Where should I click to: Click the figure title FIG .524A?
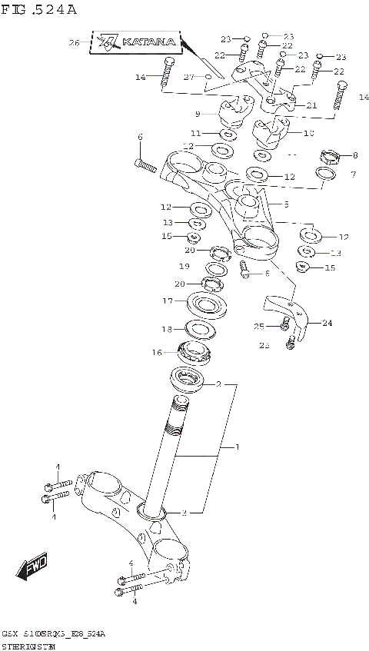pos(38,10)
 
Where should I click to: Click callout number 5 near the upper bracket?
pos(285,204)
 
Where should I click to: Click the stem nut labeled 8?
pos(329,158)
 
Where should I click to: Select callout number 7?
pos(354,174)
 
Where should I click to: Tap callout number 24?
pos(327,324)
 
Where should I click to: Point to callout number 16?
pos(157,352)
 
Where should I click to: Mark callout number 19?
pos(184,266)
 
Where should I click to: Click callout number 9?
pos(198,114)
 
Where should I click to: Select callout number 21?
pos(311,105)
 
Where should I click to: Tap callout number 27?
pos(188,77)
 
